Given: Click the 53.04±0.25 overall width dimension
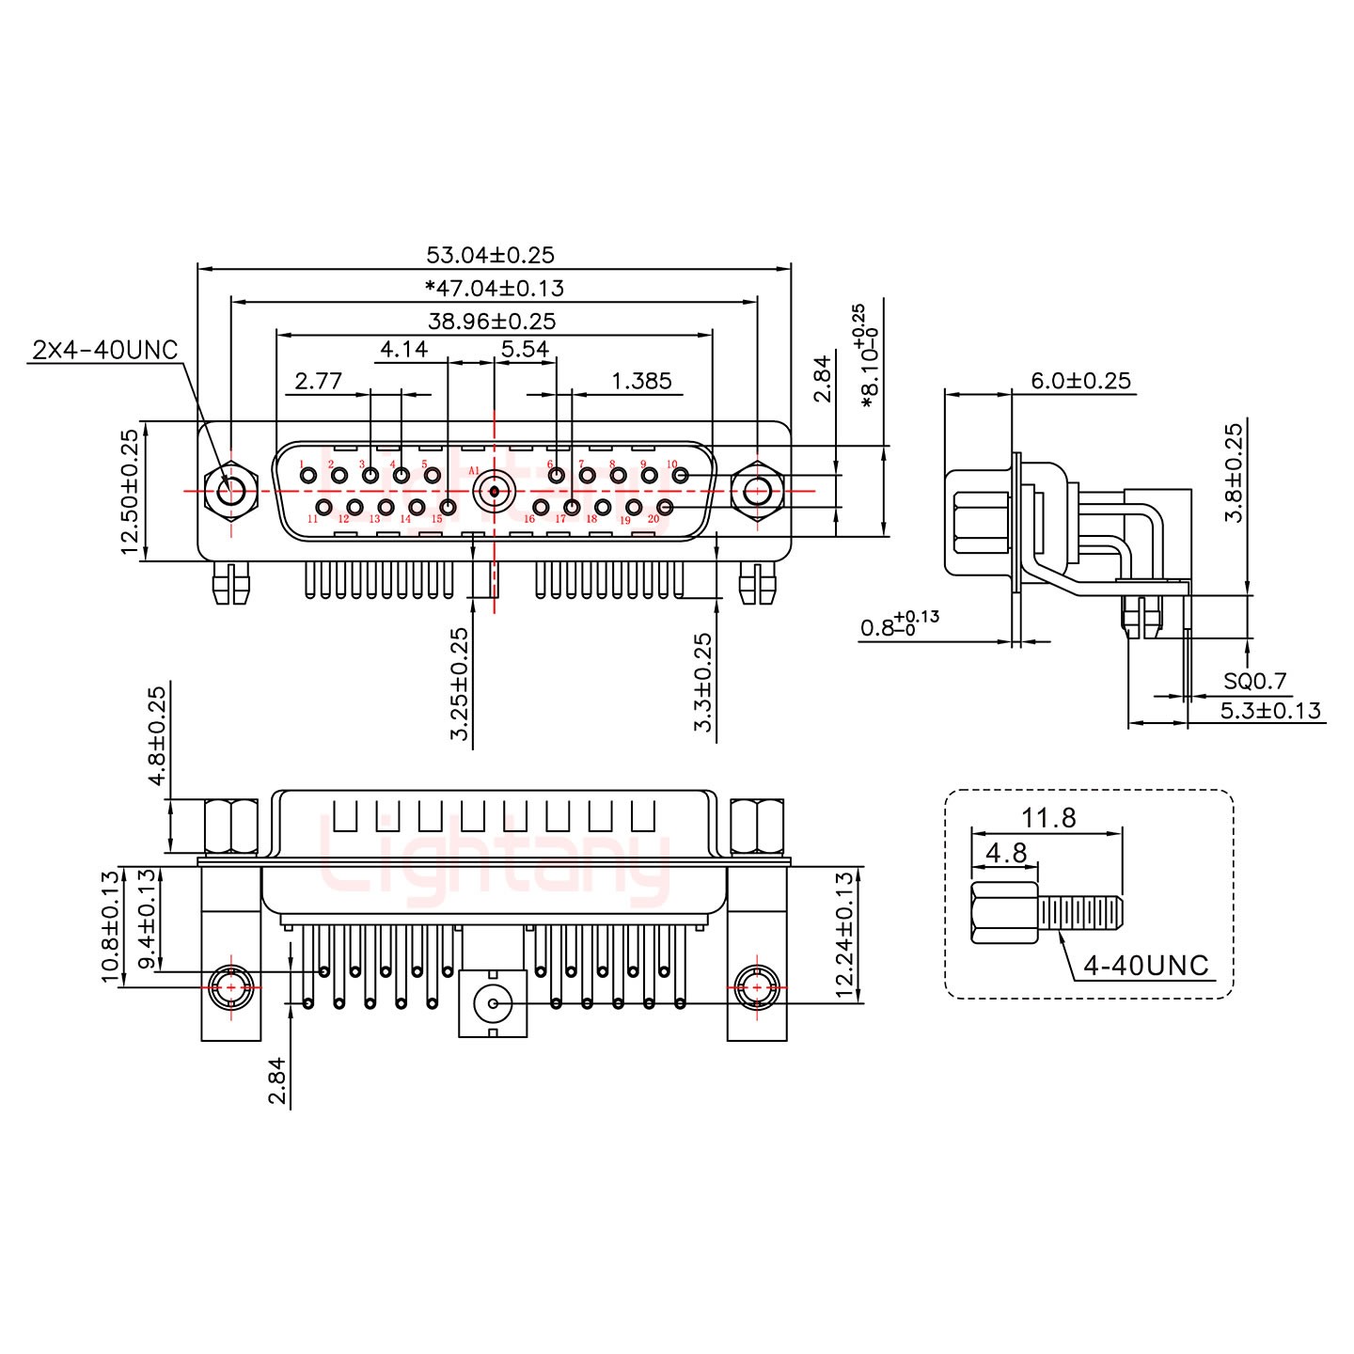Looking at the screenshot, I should click(490, 255).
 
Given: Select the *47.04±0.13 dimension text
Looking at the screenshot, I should click(494, 288).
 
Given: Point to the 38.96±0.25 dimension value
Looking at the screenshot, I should click(492, 321).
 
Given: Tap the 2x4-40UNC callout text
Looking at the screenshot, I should click(104, 351).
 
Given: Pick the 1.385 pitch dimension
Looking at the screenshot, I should click(641, 381).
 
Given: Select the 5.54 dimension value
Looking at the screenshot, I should click(525, 350).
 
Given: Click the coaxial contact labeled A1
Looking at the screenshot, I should click(494, 491).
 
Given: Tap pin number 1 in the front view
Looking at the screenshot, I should click(308, 476).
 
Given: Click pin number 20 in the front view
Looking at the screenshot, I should click(665, 509).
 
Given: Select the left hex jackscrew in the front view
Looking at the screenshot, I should click(228, 491).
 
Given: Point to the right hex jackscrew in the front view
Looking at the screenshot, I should click(757, 491).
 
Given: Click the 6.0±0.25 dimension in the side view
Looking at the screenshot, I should click(1080, 381).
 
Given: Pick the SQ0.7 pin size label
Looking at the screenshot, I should click(1254, 681).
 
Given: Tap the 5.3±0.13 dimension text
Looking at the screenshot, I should click(1270, 711).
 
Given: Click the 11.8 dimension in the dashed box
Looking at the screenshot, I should click(1048, 818).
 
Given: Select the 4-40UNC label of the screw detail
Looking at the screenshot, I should click(1145, 965).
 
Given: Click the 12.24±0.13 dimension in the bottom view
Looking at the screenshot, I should click(843, 935).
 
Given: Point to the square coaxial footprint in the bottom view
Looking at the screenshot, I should click(493, 1004).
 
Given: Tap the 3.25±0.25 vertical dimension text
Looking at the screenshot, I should click(459, 684).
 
